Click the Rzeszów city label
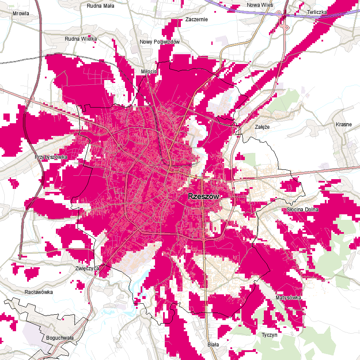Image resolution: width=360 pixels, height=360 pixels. (x=203, y=197)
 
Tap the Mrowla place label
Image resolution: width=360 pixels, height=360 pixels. (x=21, y=14)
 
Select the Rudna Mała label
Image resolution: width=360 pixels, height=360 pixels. (x=100, y=6)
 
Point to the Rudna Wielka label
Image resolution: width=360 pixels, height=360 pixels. (x=81, y=39)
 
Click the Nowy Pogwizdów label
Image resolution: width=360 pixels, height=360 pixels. (x=160, y=42)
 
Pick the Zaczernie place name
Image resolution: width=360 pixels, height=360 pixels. (x=197, y=19)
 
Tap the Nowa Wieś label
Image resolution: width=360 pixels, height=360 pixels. (x=260, y=5)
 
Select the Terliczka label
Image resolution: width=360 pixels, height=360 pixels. (x=317, y=12)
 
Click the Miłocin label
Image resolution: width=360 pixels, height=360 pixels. (x=149, y=72)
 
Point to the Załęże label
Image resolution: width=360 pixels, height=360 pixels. (x=262, y=127)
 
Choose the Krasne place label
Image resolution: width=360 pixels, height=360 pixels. (x=343, y=125)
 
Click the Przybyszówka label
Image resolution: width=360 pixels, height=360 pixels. (x=51, y=157)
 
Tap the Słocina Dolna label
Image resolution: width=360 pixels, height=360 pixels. (x=302, y=209)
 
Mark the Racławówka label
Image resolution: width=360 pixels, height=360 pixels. (x=39, y=292)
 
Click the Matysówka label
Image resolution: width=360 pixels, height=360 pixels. (x=288, y=298)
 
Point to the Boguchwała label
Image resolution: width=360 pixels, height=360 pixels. (x=59, y=338)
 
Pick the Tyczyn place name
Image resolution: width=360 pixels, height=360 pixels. (x=269, y=335)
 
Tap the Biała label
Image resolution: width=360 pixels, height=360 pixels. (x=213, y=345)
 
